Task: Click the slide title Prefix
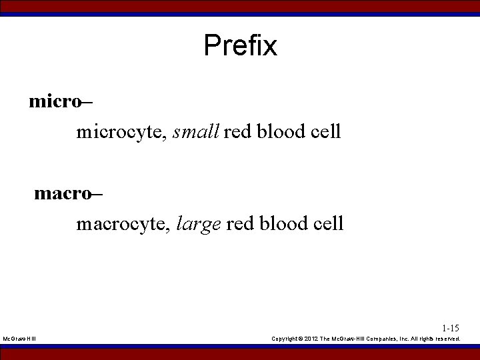click(240, 46)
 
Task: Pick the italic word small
click(196, 131)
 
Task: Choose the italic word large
click(199, 224)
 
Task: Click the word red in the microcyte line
click(236, 131)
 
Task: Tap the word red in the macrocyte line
click(239, 223)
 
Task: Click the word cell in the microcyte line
click(326, 131)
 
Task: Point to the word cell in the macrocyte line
click(329, 223)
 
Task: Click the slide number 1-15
click(450, 328)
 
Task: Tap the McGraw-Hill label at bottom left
click(20, 339)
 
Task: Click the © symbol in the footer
click(305, 339)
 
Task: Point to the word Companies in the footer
click(382, 339)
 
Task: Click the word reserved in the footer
click(447, 339)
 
